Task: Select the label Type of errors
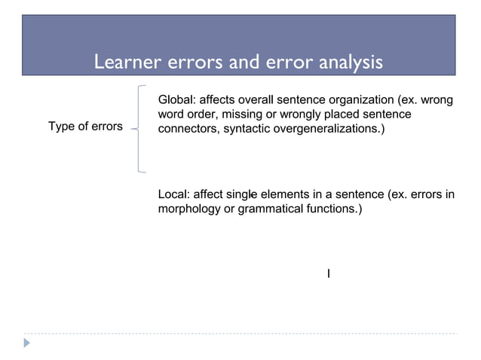click(85, 127)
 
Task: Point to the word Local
click(173, 195)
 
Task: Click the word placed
click(345, 114)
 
